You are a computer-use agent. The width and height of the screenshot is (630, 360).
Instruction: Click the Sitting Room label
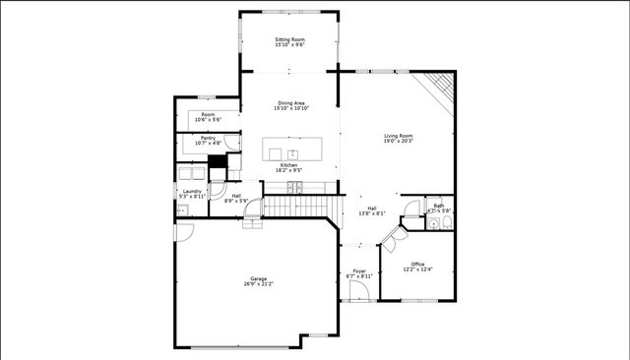click(x=289, y=39)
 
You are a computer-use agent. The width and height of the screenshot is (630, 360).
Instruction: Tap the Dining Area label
click(x=290, y=103)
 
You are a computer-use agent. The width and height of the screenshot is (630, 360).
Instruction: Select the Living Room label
click(x=398, y=136)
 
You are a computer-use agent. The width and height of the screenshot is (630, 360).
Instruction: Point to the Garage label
click(x=257, y=279)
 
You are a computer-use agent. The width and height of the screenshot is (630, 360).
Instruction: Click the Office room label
click(x=417, y=264)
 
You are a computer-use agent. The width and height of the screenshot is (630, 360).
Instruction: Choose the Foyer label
click(x=359, y=270)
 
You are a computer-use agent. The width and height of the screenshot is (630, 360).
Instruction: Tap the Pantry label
click(x=208, y=138)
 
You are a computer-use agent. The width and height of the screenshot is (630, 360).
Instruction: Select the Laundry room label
click(x=191, y=191)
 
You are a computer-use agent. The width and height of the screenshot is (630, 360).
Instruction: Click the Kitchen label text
click(x=289, y=164)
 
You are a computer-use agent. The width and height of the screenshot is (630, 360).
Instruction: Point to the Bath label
click(x=438, y=206)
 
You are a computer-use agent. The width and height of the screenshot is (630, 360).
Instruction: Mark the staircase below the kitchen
click(x=295, y=208)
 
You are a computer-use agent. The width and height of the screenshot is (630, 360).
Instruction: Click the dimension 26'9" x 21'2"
click(x=259, y=284)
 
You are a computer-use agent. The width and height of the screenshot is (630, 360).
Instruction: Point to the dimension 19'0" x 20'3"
click(x=398, y=142)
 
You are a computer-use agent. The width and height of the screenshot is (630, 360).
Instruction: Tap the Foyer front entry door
click(x=359, y=294)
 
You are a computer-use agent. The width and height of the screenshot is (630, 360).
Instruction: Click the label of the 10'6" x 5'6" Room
click(x=208, y=114)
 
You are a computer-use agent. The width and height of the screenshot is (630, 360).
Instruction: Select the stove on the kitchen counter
click(x=293, y=186)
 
